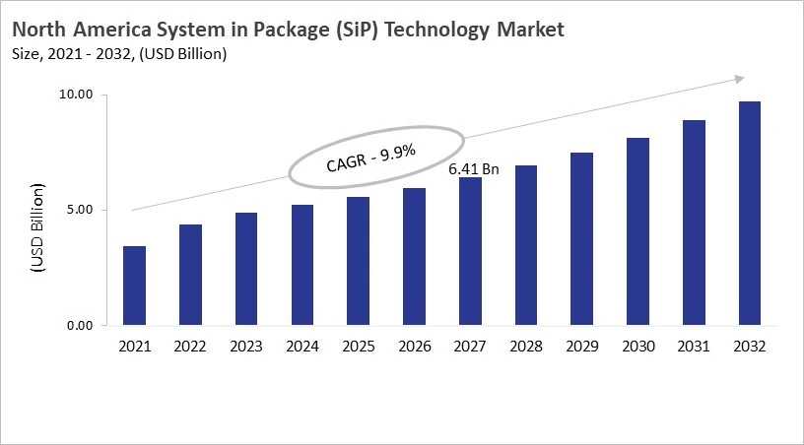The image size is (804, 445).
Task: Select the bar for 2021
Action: (134, 286)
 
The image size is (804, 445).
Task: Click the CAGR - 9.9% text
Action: (371, 158)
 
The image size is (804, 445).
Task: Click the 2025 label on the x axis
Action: (358, 347)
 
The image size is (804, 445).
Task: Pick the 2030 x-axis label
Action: (637, 347)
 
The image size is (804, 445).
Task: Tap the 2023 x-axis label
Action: (245, 347)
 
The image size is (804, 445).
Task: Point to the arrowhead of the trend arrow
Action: (739, 79)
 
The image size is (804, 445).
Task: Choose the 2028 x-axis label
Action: (525, 347)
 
